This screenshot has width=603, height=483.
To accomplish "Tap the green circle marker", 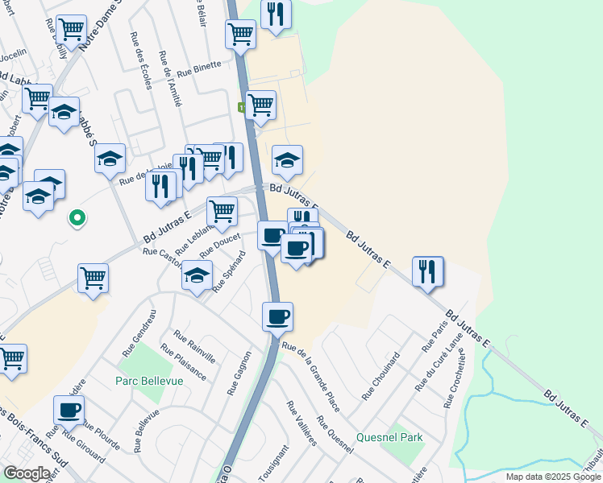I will [77, 217].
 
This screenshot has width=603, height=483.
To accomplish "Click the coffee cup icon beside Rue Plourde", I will [69, 409].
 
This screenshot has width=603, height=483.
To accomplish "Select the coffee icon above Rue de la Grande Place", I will [277, 316].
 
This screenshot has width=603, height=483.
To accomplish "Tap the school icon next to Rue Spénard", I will [197, 275].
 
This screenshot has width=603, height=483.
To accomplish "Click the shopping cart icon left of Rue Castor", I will [93, 278].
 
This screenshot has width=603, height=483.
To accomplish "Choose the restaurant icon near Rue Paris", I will [427, 270].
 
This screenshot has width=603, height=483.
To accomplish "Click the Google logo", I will [26, 473].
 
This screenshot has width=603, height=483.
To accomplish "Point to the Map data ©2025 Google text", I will [552, 477].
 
